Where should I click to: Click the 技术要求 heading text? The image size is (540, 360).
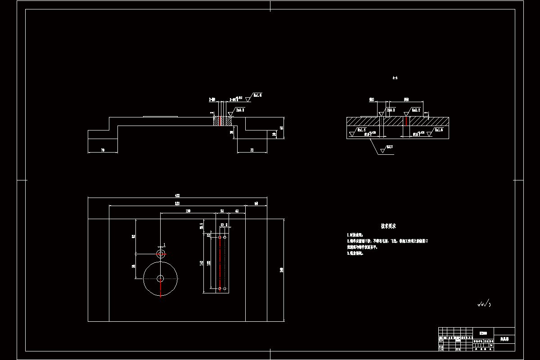pos(388,226)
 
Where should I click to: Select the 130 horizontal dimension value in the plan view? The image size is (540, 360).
pos(188,211)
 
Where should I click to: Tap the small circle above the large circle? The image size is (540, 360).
pos(161,254)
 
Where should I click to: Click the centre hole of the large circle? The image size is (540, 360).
pos(160,279)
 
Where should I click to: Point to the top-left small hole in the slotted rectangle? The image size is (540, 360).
pos(220,237)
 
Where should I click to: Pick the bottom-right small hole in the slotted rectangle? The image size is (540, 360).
pos(225,288)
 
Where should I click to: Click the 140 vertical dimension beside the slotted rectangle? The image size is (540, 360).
pos(202,263)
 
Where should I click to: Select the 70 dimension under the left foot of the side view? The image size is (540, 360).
pos(103,150)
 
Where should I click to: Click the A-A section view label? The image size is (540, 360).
pos(395,78)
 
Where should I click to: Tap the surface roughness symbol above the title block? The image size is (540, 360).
pos(484,305)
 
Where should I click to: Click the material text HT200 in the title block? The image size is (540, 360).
pos(483,333)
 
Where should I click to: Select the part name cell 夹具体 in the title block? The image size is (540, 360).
pos(504,338)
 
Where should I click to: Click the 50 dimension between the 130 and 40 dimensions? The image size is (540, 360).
pos(222,211)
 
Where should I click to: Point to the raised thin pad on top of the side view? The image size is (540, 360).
pos(160,117)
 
